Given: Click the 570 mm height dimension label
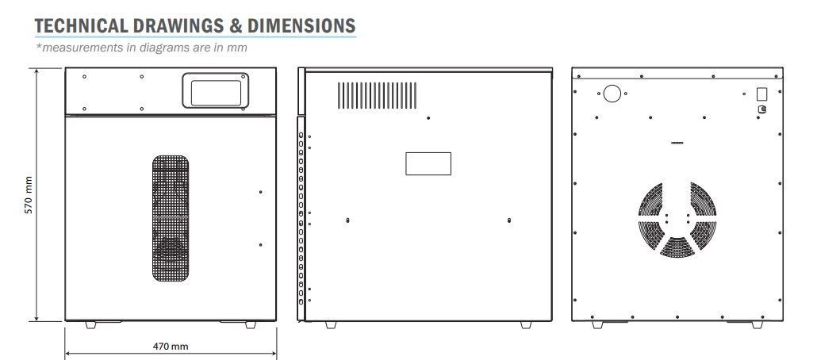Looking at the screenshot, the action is [29, 195].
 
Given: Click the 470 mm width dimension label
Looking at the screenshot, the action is [171, 346].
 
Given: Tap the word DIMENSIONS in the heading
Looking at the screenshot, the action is [301, 25].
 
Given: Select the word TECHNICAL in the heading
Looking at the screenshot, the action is [81, 25].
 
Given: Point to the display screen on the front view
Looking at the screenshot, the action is [216, 93].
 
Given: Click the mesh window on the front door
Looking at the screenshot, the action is [171, 218].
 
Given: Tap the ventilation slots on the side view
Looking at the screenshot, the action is [377, 95].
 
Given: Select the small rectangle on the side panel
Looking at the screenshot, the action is [428, 163].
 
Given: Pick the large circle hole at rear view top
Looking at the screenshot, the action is [612, 94].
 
